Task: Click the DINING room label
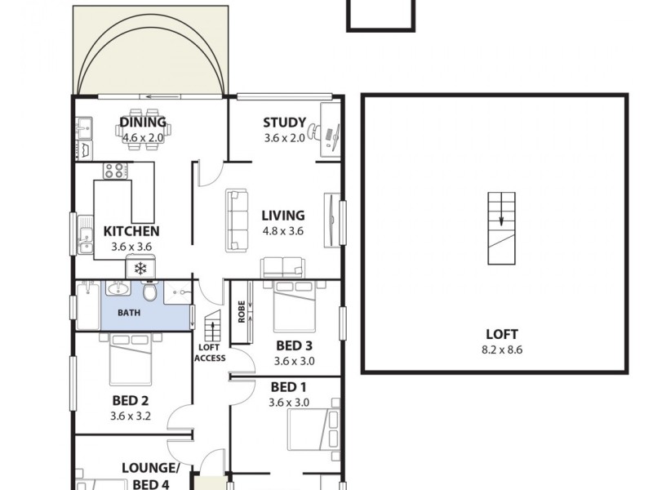143,123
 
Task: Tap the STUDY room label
284,123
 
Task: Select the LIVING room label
282,216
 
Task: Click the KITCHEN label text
131,231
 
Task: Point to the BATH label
128,313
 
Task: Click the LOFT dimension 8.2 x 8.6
501,350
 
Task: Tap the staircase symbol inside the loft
501,228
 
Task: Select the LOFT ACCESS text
211,352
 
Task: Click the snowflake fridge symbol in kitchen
140,268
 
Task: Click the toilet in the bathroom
149,292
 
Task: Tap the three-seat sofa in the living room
238,220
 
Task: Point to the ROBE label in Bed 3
242,312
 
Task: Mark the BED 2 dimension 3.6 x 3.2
131,416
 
